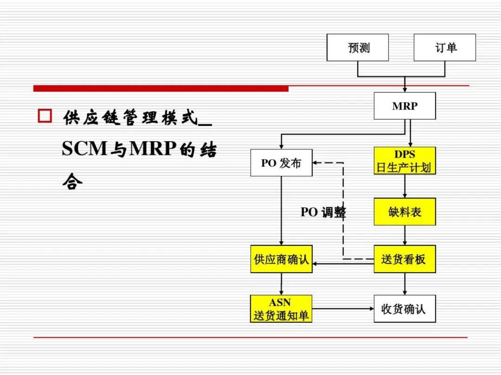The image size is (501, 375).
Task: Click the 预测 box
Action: (358, 48)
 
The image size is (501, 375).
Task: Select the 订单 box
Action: (445, 48)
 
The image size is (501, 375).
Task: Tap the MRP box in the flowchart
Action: (405, 106)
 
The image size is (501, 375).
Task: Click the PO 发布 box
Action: (281, 162)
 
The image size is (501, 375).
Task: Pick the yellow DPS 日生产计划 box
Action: (405, 160)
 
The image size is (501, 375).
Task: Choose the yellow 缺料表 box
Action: (405, 212)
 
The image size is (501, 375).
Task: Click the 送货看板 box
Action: (405, 259)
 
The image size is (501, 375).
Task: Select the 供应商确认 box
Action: (281, 259)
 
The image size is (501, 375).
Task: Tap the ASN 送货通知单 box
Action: (281, 309)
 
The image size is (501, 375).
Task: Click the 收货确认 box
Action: (405, 309)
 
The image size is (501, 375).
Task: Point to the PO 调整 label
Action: (323, 212)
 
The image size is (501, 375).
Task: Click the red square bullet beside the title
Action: (45, 116)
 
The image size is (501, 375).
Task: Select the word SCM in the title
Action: (84, 148)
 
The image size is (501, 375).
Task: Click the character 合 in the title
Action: (72, 181)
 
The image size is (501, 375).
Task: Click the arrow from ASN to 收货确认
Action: (343, 309)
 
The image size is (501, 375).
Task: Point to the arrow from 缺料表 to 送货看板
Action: (405, 235)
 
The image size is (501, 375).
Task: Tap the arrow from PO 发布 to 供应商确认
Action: (281, 211)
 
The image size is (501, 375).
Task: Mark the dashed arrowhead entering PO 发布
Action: (315, 162)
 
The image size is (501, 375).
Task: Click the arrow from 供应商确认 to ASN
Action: (281, 284)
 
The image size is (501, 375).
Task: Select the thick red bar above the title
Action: (161, 88)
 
